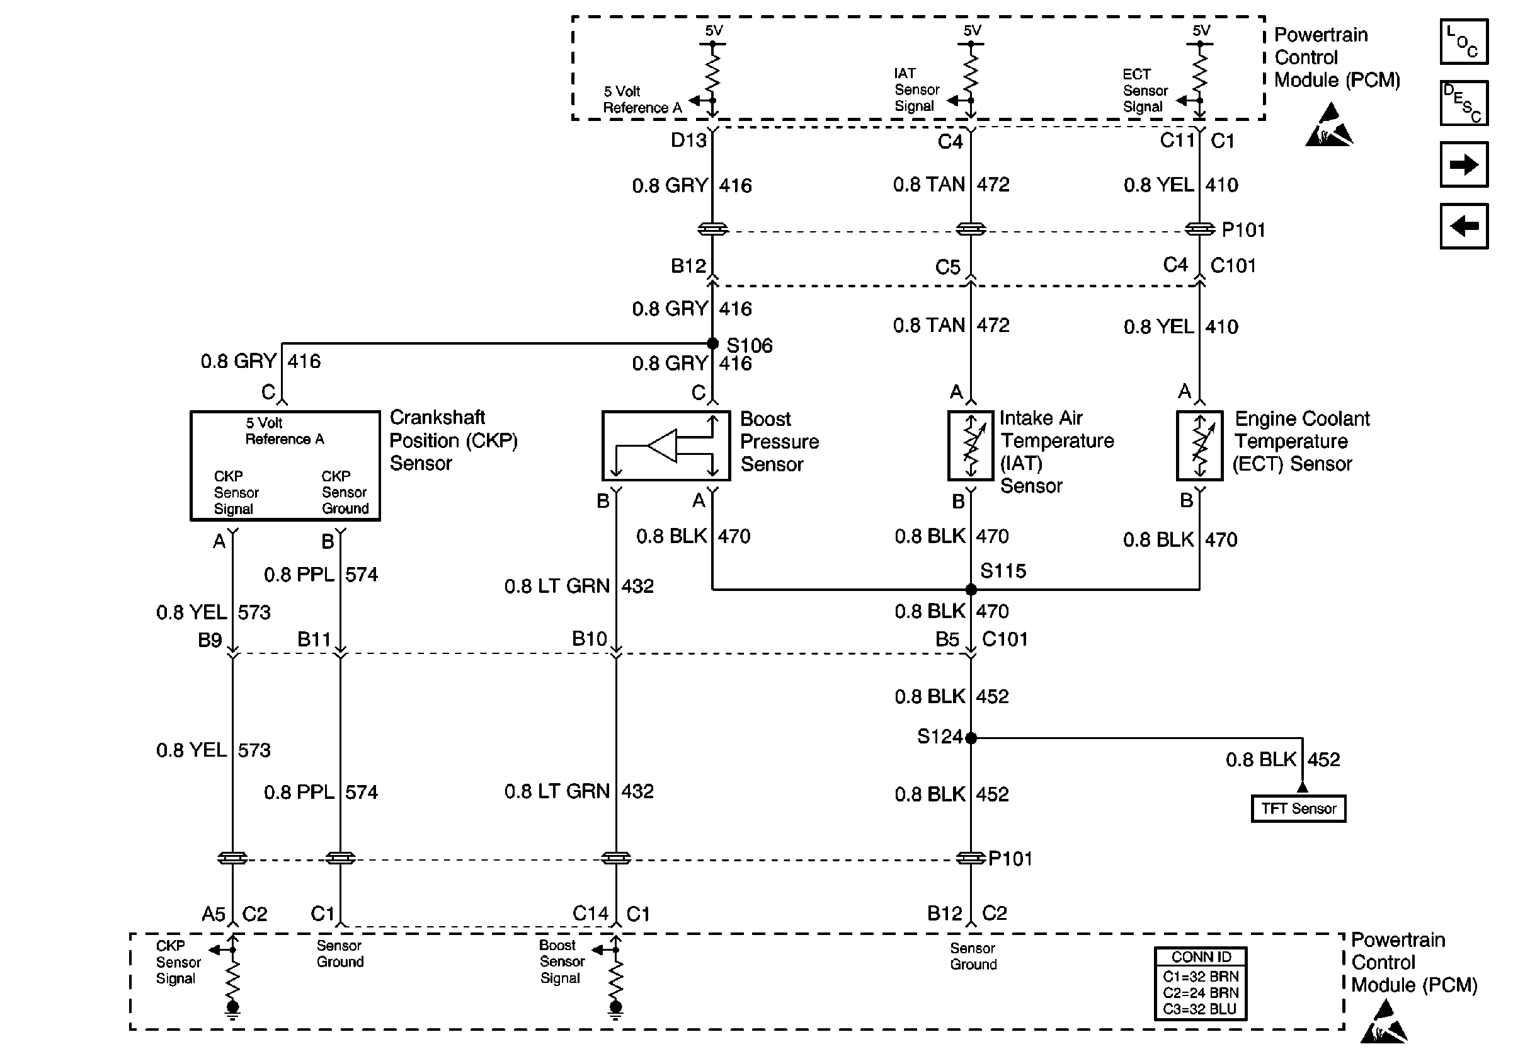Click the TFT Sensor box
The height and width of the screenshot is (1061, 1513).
(x=1298, y=808)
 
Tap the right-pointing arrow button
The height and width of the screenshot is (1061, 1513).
(x=1464, y=164)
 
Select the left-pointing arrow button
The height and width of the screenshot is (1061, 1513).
(x=1464, y=226)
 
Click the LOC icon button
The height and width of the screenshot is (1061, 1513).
(x=1464, y=42)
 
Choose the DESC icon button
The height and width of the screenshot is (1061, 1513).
(x=1464, y=103)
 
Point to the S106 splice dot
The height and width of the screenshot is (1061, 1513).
(x=712, y=343)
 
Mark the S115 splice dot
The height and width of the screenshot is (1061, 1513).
(x=971, y=589)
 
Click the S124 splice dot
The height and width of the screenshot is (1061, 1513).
(x=971, y=738)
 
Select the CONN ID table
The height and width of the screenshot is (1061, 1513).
(x=1201, y=984)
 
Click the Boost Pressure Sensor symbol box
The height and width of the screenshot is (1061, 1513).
(x=666, y=445)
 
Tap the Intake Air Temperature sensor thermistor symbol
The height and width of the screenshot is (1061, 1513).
(x=971, y=445)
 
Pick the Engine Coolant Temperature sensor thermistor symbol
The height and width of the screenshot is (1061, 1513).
(x=1199, y=445)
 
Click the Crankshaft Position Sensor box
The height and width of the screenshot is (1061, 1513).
(x=285, y=466)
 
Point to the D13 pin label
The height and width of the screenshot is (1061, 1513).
(x=688, y=141)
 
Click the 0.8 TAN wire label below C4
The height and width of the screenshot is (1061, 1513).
(x=929, y=185)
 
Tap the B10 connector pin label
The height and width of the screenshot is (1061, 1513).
(x=590, y=639)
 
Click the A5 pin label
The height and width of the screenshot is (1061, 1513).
(x=214, y=914)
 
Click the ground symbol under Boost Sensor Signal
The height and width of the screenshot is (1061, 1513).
(x=615, y=1009)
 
